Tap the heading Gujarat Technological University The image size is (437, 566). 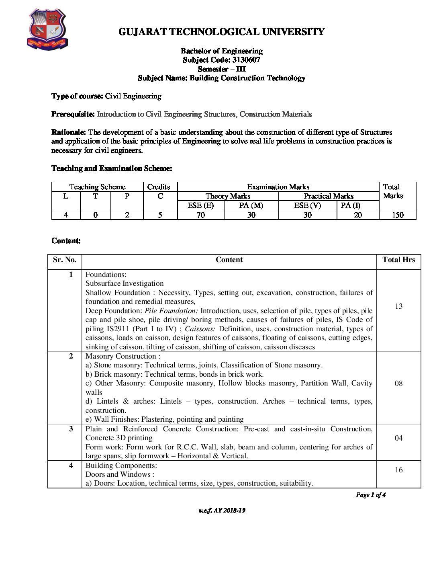[x=221, y=32]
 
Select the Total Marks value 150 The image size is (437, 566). [x=397, y=215]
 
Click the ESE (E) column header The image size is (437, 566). [x=200, y=205]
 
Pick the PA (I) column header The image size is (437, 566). [x=350, y=205]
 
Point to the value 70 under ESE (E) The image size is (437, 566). [x=200, y=215]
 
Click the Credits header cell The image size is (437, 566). [x=159, y=187]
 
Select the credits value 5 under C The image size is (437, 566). [x=160, y=215]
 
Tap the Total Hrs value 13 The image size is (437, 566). [x=398, y=306]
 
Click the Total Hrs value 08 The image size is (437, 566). [x=398, y=383]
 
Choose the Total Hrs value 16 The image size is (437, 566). [x=398, y=470]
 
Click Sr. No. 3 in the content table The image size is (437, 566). [x=71, y=429]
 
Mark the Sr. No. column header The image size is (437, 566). [x=64, y=260]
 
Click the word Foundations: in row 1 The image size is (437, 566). [x=106, y=275]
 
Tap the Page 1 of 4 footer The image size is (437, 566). [x=370, y=495]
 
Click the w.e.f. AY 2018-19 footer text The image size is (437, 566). [x=222, y=511]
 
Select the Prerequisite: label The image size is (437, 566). [x=73, y=114]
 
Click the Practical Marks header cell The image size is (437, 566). [x=328, y=196]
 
